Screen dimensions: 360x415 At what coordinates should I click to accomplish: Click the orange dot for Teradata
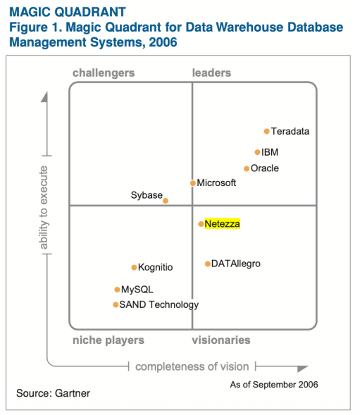click(266, 131)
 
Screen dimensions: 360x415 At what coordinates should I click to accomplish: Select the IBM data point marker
click(257, 152)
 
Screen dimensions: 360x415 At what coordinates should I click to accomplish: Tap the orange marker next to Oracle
click(247, 168)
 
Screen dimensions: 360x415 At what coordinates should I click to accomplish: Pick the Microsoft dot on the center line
click(193, 183)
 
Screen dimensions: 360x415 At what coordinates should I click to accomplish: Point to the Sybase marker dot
click(166, 201)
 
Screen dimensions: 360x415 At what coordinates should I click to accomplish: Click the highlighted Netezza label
click(222, 223)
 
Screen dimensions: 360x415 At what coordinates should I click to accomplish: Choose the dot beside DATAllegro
click(208, 264)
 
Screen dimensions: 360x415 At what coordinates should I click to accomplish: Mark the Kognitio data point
click(134, 268)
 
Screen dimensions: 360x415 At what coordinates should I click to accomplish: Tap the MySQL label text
click(137, 290)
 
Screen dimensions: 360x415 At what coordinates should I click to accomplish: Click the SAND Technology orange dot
click(116, 305)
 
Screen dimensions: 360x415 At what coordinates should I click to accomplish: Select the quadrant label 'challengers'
click(104, 73)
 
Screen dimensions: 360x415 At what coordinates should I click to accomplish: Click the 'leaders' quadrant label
click(211, 73)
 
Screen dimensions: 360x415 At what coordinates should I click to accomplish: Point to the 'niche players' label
click(108, 340)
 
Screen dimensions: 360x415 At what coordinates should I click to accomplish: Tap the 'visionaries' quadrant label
click(221, 340)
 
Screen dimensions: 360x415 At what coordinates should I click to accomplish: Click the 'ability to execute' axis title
click(44, 207)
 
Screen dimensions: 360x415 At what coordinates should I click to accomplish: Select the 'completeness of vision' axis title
click(192, 367)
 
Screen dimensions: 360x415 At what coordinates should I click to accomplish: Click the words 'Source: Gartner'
click(53, 393)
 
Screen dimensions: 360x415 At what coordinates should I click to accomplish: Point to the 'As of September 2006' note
click(274, 385)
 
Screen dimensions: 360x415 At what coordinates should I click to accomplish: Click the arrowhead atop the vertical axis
click(44, 97)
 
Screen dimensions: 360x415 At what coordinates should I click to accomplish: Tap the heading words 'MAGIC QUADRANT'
click(68, 12)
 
